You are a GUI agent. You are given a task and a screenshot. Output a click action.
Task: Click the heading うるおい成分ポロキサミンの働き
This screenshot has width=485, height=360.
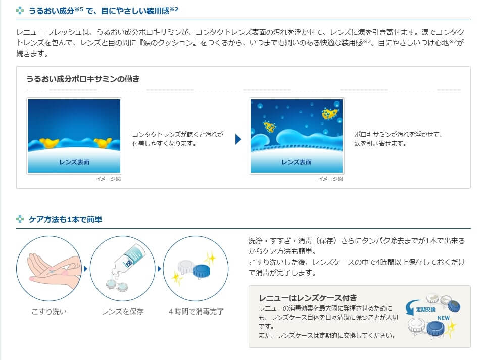click(x=83, y=79)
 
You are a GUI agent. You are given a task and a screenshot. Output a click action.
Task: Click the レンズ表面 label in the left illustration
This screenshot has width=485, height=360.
click(x=74, y=162)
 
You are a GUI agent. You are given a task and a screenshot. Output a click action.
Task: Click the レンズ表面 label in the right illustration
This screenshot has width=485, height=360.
click(x=297, y=162)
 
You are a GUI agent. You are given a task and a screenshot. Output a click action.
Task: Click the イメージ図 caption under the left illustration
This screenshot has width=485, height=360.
click(x=109, y=179)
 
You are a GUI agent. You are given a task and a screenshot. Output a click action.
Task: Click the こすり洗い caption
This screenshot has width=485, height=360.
click(x=49, y=312)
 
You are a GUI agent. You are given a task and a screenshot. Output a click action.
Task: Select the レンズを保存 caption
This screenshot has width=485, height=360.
click(x=122, y=312)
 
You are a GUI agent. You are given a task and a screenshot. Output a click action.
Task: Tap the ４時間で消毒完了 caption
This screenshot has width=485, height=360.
click(x=196, y=312)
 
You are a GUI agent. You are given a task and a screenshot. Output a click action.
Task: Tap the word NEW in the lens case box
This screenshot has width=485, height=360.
click(x=443, y=318)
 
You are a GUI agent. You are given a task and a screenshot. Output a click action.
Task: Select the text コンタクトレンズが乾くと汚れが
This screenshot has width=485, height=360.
click(x=177, y=135)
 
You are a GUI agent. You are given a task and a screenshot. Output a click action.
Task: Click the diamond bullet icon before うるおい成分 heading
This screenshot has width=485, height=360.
click(x=20, y=10)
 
